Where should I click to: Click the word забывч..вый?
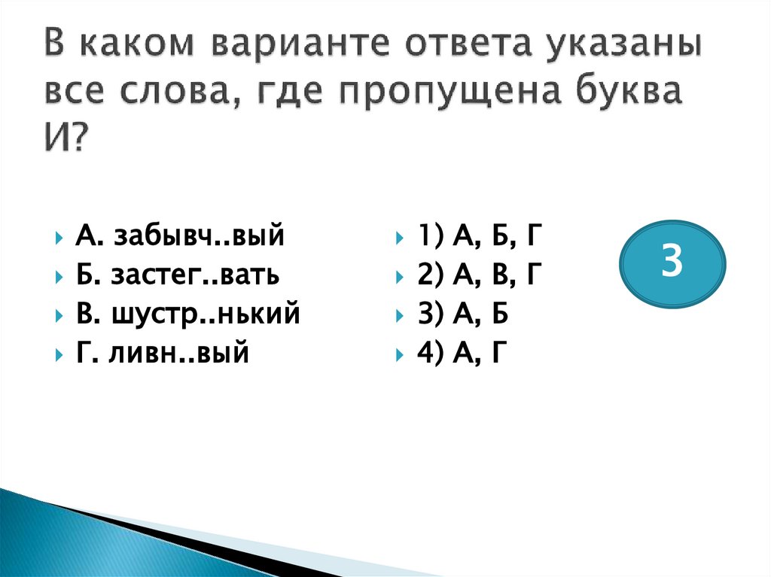coord(199,237)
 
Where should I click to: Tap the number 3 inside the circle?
coord(672,263)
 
